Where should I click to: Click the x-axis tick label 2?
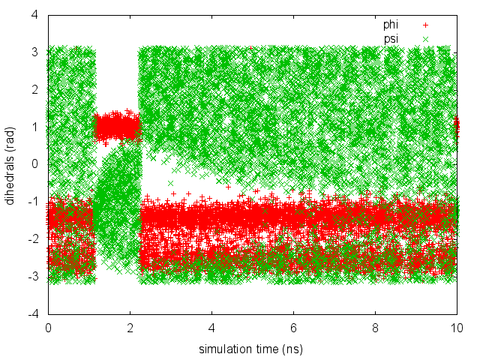(x=130, y=328)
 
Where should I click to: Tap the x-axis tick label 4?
(x=211, y=328)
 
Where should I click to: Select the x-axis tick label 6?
(x=293, y=328)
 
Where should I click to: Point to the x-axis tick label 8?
(x=375, y=328)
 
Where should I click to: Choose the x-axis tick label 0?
(x=48, y=328)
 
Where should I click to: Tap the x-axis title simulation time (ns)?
(x=252, y=349)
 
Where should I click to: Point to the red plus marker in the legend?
(x=426, y=25)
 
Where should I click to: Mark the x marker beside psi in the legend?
(x=426, y=37)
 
